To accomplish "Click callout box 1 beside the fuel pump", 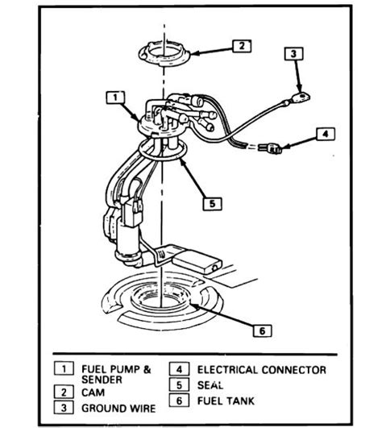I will [114, 98].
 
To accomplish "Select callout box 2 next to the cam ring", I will [239, 46].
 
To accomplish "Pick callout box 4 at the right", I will [324, 134].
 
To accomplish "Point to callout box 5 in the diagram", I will [211, 203].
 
